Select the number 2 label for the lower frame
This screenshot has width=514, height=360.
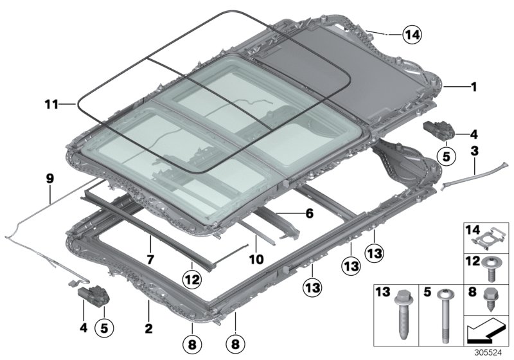[x=148, y=329]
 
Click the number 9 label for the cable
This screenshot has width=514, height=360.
[x=49, y=180]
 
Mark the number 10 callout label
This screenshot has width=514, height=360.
[x=256, y=260]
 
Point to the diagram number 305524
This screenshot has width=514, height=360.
[x=495, y=352]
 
